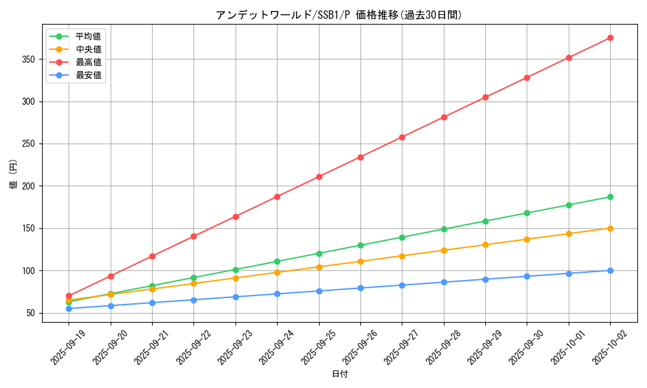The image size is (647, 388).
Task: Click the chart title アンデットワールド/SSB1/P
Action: coord(339,15)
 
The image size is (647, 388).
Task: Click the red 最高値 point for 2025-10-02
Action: coord(610,38)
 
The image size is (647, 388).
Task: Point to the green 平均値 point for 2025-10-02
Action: coord(610,197)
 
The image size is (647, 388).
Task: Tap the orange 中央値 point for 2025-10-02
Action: coord(610,228)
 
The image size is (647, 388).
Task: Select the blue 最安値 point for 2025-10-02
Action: coord(610,270)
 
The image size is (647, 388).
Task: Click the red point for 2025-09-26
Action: coord(360,157)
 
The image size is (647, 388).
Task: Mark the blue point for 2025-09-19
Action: coord(69,308)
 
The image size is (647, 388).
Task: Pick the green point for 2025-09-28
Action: coord(444,229)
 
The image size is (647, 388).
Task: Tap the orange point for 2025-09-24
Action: coord(277,272)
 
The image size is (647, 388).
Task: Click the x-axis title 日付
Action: coord(339,374)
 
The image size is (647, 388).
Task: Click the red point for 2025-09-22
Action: coord(193,237)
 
